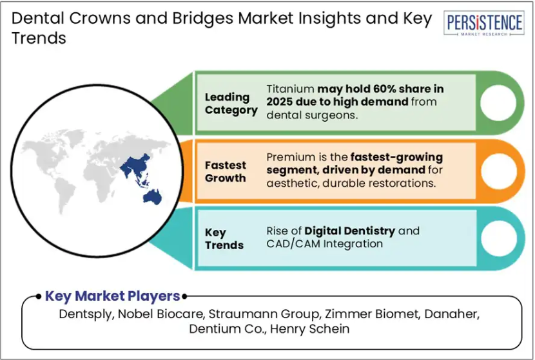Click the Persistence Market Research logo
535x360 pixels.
484,23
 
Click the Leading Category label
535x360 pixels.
231,104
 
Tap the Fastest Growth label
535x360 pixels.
225,171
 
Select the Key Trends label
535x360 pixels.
224,239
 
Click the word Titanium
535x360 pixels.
290,89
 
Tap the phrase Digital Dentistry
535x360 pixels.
350,231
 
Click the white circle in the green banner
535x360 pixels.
498,102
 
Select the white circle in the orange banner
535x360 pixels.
499,171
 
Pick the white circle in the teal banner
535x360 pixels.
499,238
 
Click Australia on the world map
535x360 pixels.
152,197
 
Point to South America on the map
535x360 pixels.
65,195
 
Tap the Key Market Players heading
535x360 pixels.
113,296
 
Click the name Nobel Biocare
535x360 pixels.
160,314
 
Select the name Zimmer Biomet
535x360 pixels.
372,314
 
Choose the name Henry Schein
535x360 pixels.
310,329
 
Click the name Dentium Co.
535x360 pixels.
228,329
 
